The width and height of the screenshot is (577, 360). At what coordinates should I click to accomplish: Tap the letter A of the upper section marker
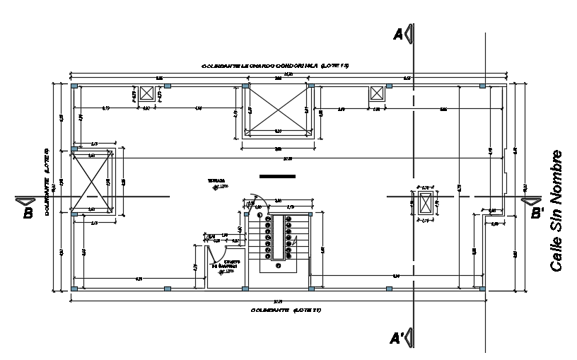(397, 35)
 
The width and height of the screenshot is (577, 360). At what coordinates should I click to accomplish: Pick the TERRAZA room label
(216, 181)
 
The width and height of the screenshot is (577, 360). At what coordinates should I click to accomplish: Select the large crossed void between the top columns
(276, 110)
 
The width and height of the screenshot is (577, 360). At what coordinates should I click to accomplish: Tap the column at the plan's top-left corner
(74, 86)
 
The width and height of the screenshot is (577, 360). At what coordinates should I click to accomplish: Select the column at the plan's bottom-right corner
(482, 289)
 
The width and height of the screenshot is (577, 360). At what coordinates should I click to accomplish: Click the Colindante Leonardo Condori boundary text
(276, 65)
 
